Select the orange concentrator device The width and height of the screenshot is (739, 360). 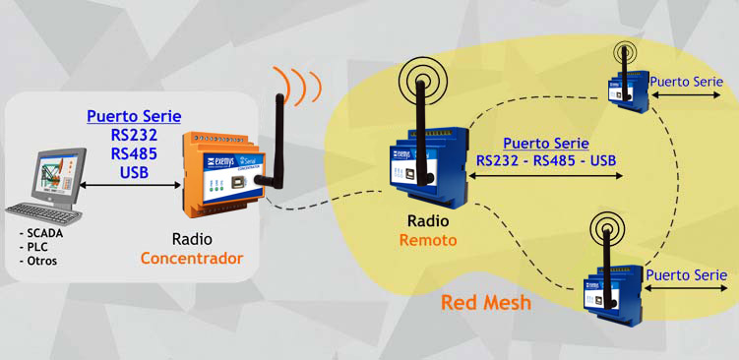[216, 172]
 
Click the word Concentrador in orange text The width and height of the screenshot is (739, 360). [191, 259]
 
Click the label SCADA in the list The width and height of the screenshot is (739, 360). [41, 232]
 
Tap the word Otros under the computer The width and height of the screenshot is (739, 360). [40, 261]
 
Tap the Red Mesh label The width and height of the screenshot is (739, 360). [485, 302]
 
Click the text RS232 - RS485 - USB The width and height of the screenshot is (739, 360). [546, 160]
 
